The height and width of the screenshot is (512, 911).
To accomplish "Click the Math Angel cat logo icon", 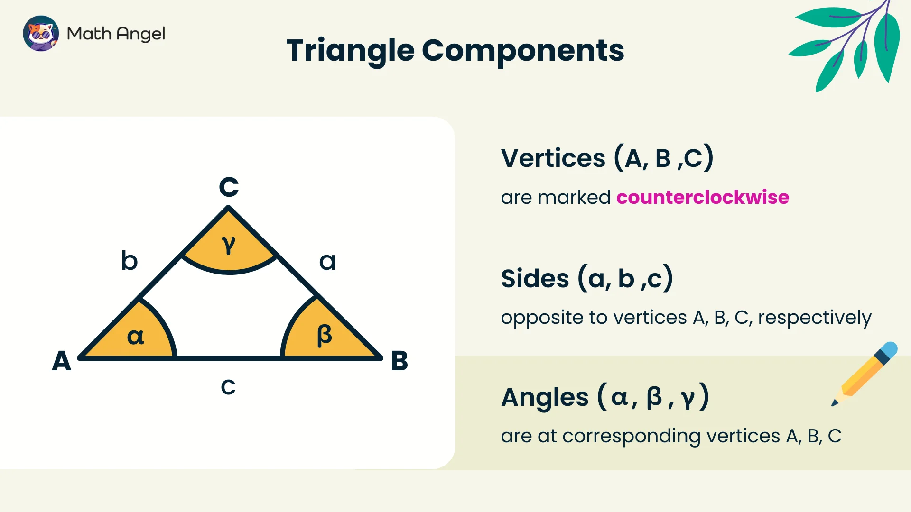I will point(41,33).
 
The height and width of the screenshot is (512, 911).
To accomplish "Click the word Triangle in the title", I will point(350,51).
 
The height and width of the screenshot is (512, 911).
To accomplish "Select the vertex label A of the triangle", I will point(62,361).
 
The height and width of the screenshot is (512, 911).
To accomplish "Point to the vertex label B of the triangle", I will point(399,361).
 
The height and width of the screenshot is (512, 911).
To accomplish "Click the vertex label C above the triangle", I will point(229,187).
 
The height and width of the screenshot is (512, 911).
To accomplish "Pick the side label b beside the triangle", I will point(129,261).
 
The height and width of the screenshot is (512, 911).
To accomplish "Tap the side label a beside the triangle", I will point(327,262).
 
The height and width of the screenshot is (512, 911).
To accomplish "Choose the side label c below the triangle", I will point(228,387).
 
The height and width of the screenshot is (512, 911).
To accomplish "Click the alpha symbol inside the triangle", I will point(136,337).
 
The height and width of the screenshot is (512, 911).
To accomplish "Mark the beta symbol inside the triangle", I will point(325,336).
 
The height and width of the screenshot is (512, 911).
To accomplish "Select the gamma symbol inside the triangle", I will point(229,245).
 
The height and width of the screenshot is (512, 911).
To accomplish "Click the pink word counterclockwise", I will point(703,197).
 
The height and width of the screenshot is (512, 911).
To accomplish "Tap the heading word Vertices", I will point(553,158).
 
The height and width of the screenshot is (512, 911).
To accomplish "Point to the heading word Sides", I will point(535,279).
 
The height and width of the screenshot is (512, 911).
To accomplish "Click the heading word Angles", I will point(545,397).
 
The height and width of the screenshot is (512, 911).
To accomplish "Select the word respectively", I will point(814,318).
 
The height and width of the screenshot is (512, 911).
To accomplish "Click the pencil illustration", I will point(865,374).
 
